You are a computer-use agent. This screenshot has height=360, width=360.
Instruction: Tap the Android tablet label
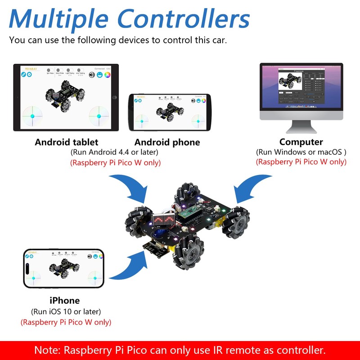[66, 142]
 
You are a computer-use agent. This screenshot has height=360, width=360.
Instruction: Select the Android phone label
[167, 142]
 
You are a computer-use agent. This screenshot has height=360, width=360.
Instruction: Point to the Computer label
[301, 142]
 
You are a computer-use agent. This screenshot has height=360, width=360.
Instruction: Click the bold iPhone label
[65, 301]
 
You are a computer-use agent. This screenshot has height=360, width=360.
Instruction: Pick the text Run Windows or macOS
[301, 152]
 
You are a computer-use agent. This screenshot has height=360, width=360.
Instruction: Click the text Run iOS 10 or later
[66, 311]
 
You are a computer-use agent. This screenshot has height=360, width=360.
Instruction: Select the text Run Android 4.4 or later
[116, 152]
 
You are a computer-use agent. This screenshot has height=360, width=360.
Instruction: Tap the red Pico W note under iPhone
[66, 322]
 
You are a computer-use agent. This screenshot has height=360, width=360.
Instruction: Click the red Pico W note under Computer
[301, 162]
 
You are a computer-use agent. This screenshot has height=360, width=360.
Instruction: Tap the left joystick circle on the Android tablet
[32, 116]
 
